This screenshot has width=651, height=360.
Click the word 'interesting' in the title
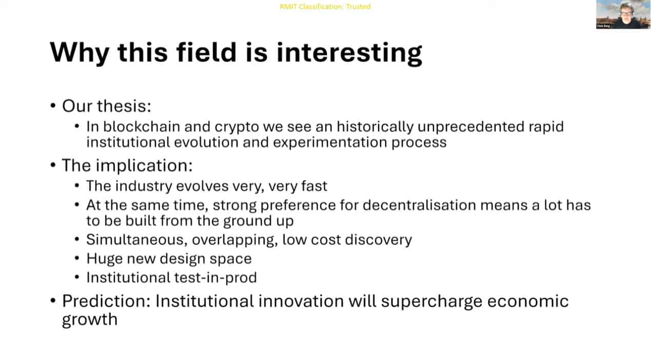pos(349,53)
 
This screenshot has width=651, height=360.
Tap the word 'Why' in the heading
pos(80,53)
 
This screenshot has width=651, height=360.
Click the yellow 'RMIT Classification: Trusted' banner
pos(325,6)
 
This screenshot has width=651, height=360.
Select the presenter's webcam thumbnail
pos(623,14)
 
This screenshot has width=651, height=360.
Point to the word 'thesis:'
pos(124,106)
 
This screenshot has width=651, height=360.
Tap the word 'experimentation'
pos(330,143)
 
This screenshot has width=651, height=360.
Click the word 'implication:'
pos(144,166)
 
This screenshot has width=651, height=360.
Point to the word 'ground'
pos(244,221)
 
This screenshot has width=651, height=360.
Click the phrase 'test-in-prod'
pos(215,277)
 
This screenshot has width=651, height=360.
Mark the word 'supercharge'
pos(431,302)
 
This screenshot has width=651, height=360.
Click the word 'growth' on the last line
pos(90,320)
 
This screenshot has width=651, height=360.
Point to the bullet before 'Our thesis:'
pos(53,106)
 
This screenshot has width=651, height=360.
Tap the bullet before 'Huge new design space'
pos(77,258)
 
